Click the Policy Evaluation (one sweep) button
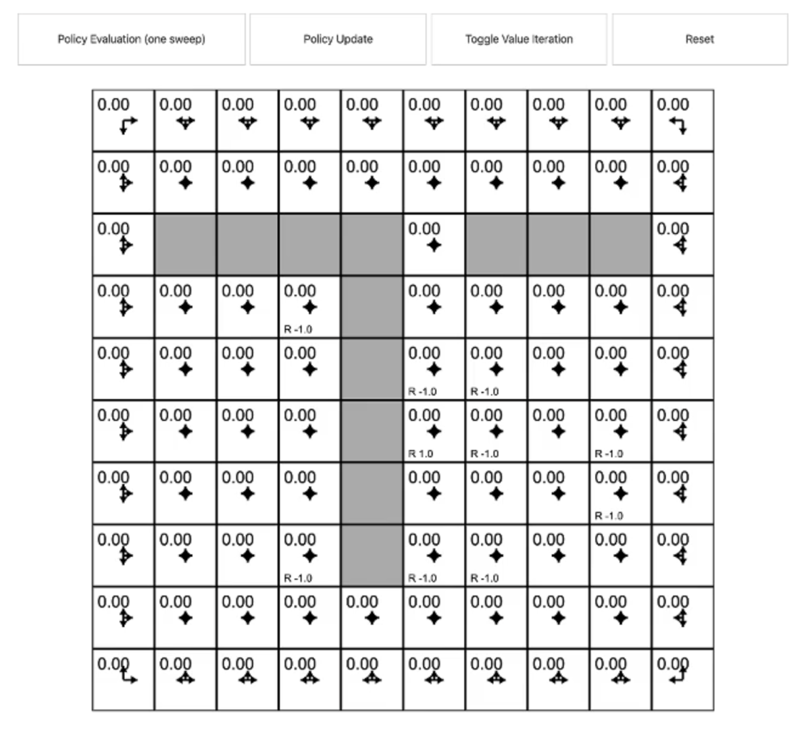click(x=132, y=40)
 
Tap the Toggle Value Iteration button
click(x=519, y=40)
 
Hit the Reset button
click(x=699, y=40)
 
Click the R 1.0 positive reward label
click(x=421, y=454)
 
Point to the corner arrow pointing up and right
click(x=128, y=677)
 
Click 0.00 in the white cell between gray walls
click(x=424, y=229)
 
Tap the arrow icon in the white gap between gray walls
click(x=434, y=245)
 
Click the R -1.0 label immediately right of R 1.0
click(x=484, y=454)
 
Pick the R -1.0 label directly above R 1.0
click(x=422, y=391)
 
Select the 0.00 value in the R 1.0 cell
click(x=424, y=415)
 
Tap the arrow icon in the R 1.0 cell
click(x=434, y=431)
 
